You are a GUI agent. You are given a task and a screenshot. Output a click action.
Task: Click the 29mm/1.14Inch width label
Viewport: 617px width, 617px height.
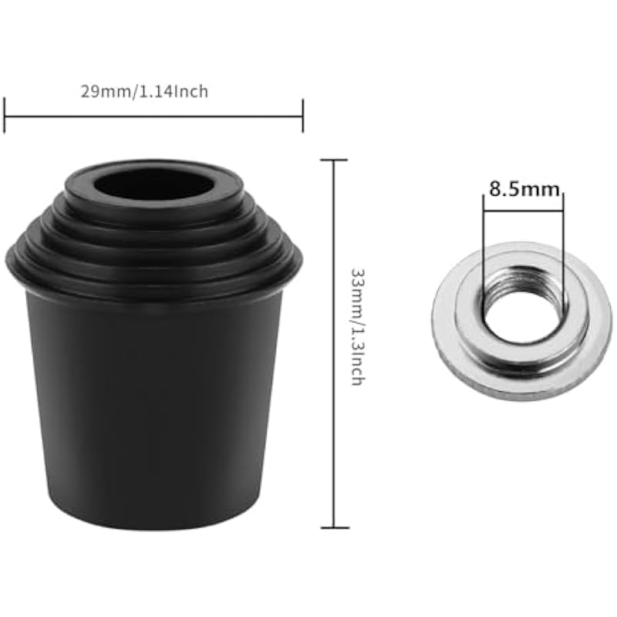pyautogui.click(x=144, y=92)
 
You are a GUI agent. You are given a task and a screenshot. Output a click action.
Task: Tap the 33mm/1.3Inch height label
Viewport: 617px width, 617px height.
pyautogui.click(x=358, y=327)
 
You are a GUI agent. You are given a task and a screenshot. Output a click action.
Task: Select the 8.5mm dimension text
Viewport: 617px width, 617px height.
pyautogui.click(x=524, y=189)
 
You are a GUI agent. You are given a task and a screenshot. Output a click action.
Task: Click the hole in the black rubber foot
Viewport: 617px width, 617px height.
pyautogui.click(x=153, y=183)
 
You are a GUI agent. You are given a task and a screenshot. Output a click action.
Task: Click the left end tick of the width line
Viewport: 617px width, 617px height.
pyautogui.click(x=5, y=116)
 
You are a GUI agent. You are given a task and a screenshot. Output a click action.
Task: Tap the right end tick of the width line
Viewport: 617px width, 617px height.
pyautogui.click(x=302, y=116)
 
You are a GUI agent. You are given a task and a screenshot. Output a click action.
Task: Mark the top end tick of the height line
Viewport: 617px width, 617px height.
pyautogui.click(x=334, y=160)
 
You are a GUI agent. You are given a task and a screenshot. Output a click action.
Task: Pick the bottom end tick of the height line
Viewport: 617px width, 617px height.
pyautogui.click(x=335, y=528)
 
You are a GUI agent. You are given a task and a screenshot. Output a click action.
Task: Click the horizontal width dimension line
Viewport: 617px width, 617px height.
pyautogui.click(x=153, y=116)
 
